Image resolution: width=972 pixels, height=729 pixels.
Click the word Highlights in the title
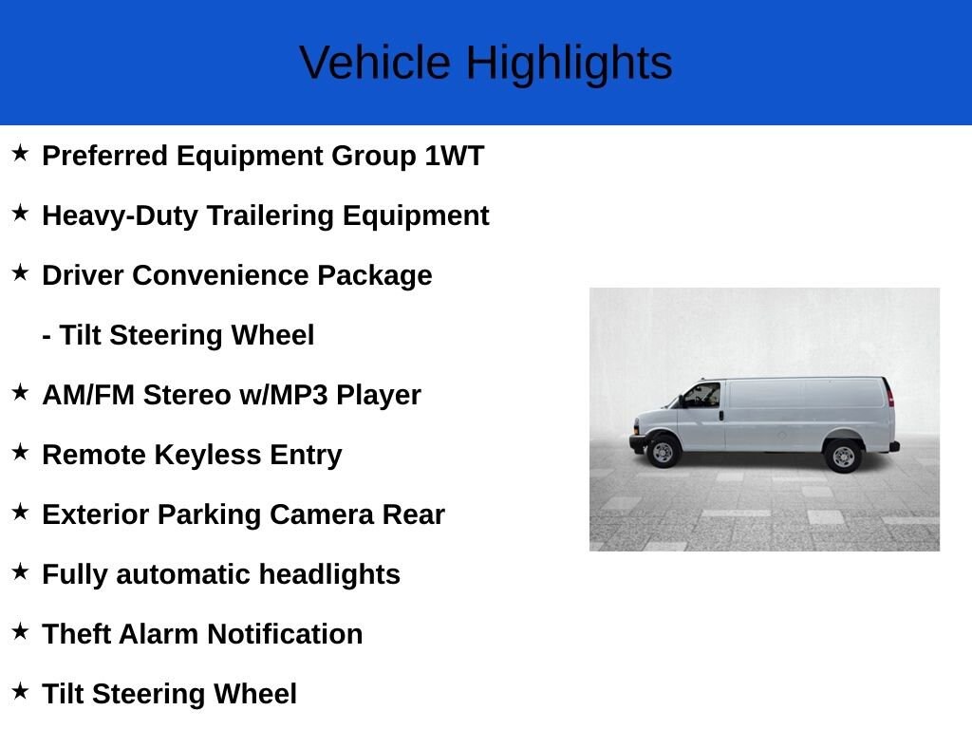point(569,63)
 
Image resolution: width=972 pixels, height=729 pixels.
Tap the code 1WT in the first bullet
point(454,156)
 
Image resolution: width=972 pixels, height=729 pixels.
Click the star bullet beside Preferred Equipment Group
point(21,153)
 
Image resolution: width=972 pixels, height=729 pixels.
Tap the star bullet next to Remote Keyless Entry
point(21,452)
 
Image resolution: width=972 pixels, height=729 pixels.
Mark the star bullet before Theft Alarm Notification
point(21,631)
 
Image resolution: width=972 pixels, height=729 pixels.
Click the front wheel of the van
point(663,452)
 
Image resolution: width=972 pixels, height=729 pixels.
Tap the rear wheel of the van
point(841,456)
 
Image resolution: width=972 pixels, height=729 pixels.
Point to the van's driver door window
point(703,395)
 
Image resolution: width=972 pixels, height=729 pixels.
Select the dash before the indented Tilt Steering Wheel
point(47,336)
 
